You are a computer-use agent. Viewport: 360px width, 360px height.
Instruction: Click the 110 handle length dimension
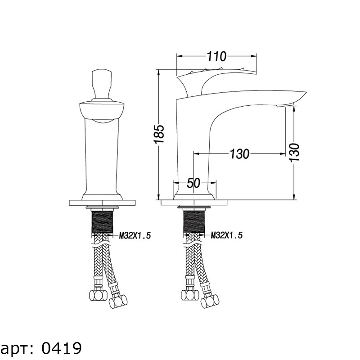[x=216, y=56]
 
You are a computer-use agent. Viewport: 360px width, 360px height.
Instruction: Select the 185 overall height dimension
[x=159, y=134]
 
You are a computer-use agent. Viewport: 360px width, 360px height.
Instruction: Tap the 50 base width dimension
[x=193, y=183]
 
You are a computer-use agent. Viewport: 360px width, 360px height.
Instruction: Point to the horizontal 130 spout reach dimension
[x=239, y=153]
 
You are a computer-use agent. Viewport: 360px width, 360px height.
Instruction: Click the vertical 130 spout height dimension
[x=295, y=153]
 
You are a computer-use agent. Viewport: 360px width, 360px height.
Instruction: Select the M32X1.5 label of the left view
[x=135, y=235]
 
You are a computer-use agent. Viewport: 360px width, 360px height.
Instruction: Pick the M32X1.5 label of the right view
[x=227, y=235]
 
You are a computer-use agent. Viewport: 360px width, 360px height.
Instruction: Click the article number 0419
[x=62, y=348]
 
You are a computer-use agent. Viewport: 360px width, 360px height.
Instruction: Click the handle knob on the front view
[x=102, y=84]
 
